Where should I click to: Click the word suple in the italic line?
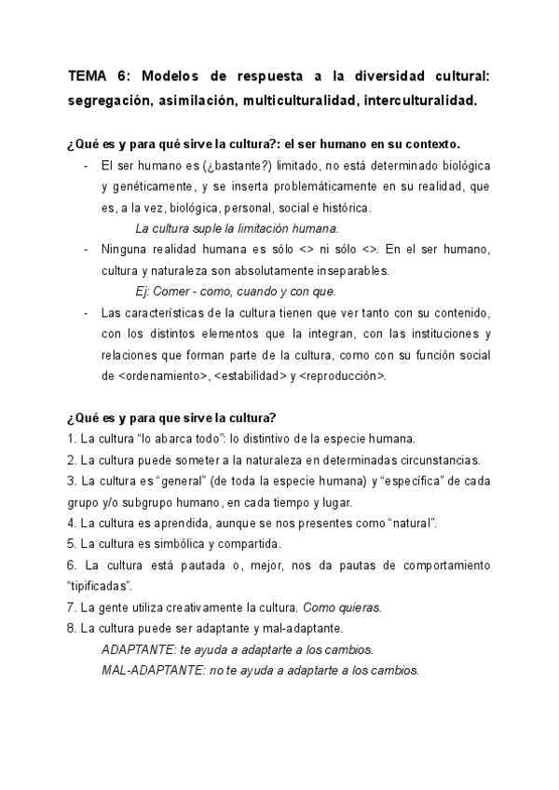(203, 227)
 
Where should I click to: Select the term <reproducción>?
(343, 375)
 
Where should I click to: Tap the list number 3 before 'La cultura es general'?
(72, 481)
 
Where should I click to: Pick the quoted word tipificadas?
(99, 586)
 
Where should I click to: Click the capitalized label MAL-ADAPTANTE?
(147, 670)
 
